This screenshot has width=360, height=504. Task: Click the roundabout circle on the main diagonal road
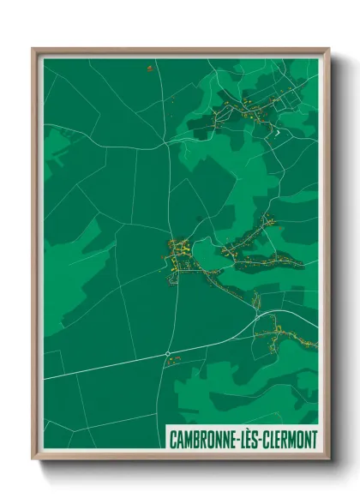click(167, 353)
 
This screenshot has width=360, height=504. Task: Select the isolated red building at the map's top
click(149, 68)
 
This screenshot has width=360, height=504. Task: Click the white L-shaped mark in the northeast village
click(276, 132)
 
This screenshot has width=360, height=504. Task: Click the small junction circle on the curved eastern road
click(256, 315)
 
